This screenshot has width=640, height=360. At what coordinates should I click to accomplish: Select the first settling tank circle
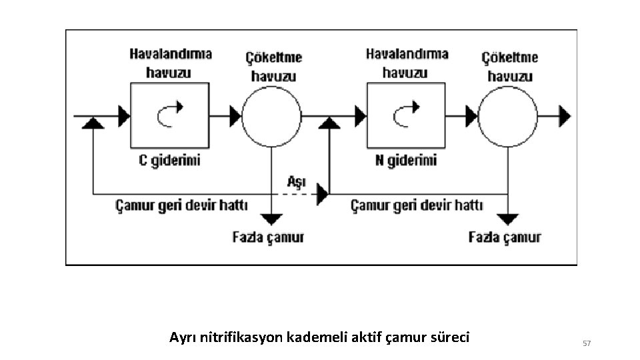(x=271, y=117)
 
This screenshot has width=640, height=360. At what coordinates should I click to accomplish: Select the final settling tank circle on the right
(x=508, y=117)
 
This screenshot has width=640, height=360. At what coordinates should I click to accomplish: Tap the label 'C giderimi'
(x=169, y=161)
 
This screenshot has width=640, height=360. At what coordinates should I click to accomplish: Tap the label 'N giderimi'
(x=406, y=161)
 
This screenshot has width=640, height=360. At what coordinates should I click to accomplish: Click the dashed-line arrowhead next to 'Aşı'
(x=323, y=195)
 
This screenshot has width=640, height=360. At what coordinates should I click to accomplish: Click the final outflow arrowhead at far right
(x=565, y=116)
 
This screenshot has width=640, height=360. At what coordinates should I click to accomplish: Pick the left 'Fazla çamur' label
(x=269, y=237)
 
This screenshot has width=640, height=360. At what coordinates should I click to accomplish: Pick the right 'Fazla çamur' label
(x=505, y=237)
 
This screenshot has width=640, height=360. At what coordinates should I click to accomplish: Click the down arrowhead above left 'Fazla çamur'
(x=271, y=219)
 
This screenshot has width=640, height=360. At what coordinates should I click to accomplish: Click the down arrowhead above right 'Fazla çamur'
(x=509, y=219)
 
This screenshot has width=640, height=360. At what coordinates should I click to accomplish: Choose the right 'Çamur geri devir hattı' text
(x=417, y=205)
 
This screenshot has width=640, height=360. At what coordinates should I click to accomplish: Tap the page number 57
(x=587, y=343)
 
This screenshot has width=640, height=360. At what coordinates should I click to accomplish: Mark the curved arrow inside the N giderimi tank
(x=405, y=114)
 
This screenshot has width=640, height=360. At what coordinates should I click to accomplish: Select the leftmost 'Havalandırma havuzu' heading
(x=171, y=63)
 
